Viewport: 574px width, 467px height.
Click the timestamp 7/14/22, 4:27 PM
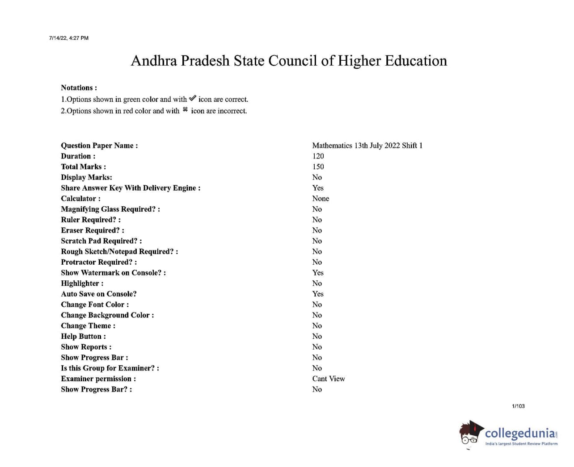(x=69, y=38)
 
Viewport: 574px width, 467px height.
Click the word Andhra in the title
(x=154, y=61)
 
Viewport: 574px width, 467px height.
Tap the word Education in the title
(x=416, y=61)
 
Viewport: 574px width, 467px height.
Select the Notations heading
(x=79, y=88)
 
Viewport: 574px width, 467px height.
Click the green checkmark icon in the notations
(x=193, y=99)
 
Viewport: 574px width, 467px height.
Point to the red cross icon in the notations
(x=185, y=110)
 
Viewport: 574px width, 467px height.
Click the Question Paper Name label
(x=99, y=146)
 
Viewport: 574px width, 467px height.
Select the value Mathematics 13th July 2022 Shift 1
(x=367, y=146)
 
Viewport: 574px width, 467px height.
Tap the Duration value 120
(x=318, y=156)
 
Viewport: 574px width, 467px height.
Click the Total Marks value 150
(x=318, y=167)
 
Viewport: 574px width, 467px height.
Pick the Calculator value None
(x=321, y=199)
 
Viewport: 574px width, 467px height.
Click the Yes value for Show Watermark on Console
(x=318, y=273)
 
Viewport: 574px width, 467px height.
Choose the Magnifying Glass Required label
(x=110, y=209)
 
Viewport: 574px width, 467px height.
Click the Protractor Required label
(x=99, y=262)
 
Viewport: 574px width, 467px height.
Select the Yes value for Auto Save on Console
(x=318, y=294)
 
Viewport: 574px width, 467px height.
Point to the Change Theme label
(x=88, y=326)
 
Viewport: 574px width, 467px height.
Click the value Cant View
(x=329, y=379)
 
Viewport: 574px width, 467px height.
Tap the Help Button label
(x=83, y=337)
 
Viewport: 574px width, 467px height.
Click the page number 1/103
(x=518, y=406)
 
